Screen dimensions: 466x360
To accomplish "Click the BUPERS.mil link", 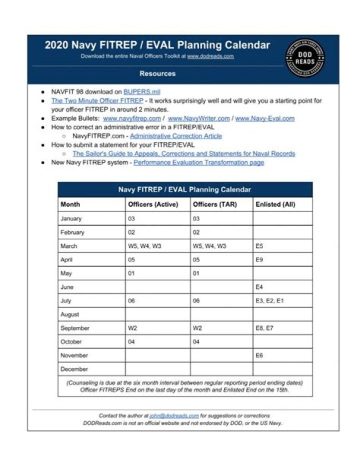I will pos(141,93).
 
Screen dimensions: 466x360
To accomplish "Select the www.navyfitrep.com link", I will pos(132,119).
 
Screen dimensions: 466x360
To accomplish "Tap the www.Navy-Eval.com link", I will pos(264,119).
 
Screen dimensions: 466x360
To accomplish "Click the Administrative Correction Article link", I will pos(175,136).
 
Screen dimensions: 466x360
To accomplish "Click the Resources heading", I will pos(157,74).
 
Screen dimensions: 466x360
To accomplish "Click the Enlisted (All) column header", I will pos(275,204).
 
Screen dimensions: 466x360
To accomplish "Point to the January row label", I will pos(71,219).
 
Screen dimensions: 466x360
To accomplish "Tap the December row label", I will pos(74,369).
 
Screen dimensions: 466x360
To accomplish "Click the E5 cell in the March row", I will pos(259,246).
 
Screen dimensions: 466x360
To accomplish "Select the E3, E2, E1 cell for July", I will pos(269,301).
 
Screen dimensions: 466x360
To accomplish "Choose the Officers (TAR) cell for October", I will pos(196,342).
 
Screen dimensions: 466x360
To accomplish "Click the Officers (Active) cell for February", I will pos(131,232).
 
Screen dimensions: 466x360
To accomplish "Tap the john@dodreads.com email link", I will pos(174,415).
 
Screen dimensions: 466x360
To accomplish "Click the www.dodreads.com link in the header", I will pos(210,57).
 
